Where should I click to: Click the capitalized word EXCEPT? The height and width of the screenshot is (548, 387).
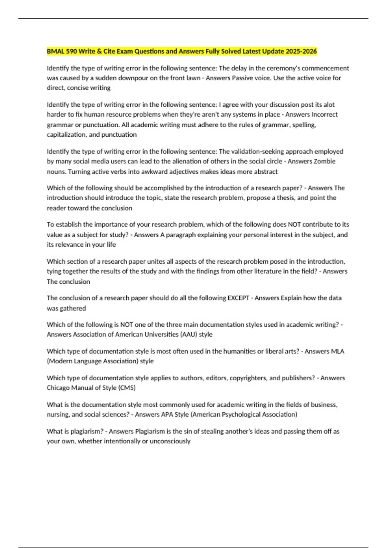[238, 298]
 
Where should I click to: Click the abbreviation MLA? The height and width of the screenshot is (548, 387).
[338, 351]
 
